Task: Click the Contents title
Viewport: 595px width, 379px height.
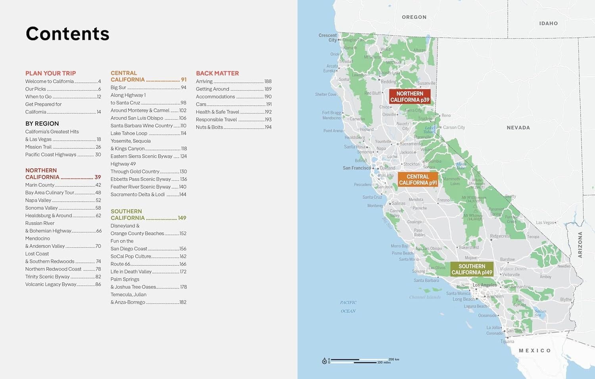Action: coord(67,34)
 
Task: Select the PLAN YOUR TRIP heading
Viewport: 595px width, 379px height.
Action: coord(50,73)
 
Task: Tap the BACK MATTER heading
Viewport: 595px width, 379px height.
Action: coord(217,73)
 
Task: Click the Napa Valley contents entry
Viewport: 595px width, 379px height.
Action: coord(38,200)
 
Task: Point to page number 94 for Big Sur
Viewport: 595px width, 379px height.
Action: coord(184,87)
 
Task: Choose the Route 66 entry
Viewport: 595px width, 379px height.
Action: coord(120,264)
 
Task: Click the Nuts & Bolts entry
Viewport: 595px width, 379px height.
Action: coord(209,127)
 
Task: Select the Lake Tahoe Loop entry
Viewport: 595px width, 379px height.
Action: coord(129,133)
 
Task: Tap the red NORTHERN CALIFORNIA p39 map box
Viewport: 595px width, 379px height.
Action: coord(410,97)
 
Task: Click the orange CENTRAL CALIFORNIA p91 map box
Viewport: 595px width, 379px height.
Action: coord(418,180)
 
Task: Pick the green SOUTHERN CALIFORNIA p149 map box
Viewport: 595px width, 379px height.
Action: coord(472,269)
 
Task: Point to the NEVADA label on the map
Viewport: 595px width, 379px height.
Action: coord(518,128)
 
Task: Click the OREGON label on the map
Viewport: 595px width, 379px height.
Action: coord(414,17)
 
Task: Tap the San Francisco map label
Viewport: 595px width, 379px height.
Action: coord(357,168)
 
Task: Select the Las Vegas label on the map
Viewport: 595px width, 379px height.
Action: coord(545,222)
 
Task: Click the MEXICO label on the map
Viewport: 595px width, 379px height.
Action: coord(535,350)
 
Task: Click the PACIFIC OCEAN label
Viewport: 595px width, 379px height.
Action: coord(348,307)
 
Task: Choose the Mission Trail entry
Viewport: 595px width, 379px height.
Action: coord(38,147)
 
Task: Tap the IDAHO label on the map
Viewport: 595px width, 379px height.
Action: coord(548,23)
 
